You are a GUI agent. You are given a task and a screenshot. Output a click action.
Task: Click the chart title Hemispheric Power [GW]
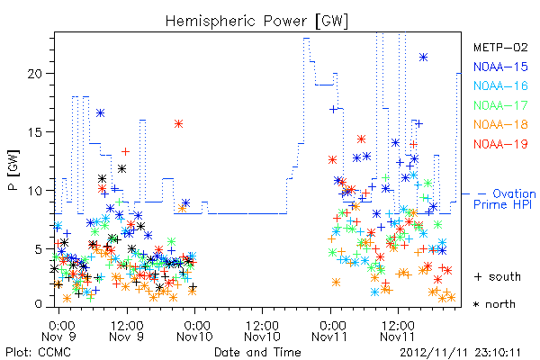pyautogui.click(x=256, y=22)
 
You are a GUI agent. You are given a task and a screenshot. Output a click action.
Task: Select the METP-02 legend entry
pyautogui.click(x=500, y=47)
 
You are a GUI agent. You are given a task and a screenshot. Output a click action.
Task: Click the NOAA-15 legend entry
pyautogui.click(x=500, y=67)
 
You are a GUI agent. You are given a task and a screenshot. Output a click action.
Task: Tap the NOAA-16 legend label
pyautogui.click(x=500, y=85)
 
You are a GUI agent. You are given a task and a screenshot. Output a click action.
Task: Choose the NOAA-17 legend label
pyautogui.click(x=500, y=105)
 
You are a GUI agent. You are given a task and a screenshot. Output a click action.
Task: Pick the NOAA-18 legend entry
pyautogui.click(x=500, y=124)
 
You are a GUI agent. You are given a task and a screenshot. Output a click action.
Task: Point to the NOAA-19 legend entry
pyautogui.click(x=500, y=144)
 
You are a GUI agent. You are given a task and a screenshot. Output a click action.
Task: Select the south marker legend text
pyautogui.click(x=498, y=276)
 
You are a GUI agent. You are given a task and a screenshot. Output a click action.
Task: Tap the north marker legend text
pyautogui.click(x=495, y=304)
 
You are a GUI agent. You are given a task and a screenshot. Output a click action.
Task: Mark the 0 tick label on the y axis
pyautogui.click(x=39, y=304)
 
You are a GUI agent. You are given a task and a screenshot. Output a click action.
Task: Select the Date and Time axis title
pyautogui.click(x=257, y=352)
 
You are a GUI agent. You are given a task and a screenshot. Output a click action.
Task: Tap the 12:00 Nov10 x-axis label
pyautogui.click(x=263, y=331)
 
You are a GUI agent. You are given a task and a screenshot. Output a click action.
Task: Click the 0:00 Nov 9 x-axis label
pyautogui.click(x=58, y=331)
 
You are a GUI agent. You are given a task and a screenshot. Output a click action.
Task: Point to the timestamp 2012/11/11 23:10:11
pyautogui.click(x=460, y=353)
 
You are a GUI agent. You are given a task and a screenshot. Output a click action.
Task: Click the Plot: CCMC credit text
pyautogui.click(x=38, y=353)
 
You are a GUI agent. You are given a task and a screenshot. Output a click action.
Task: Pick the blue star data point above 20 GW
pyautogui.click(x=424, y=58)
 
